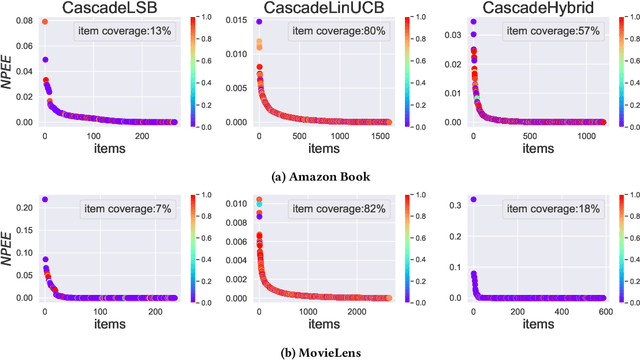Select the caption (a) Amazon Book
point(319,176)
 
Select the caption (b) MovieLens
point(319,349)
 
